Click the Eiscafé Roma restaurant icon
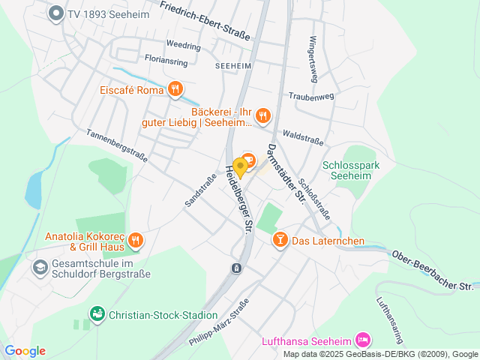[x=175, y=90]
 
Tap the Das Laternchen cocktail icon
[x=280, y=240]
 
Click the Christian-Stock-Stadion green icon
[x=97, y=315]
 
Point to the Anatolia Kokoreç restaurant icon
[x=135, y=241]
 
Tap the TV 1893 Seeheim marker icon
[x=55, y=13]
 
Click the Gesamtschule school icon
[x=39, y=266]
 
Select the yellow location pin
[x=240, y=166]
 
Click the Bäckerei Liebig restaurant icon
[x=262, y=115]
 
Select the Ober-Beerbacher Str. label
[x=433, y=271]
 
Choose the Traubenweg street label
[x=310, y=97]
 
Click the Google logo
[x=25, y=351]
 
